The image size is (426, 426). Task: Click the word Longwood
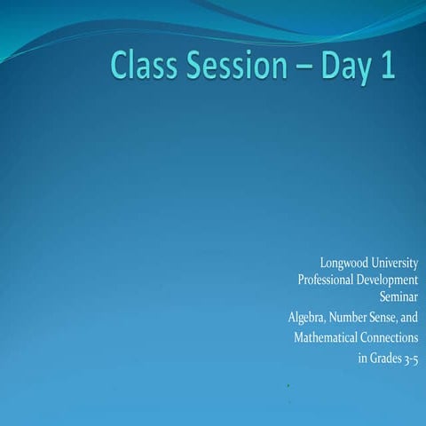coord(343,264)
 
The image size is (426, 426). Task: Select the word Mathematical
coord(326,338)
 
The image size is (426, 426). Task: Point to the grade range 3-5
coord(411,359)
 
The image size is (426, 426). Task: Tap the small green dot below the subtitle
coord(290,387)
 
